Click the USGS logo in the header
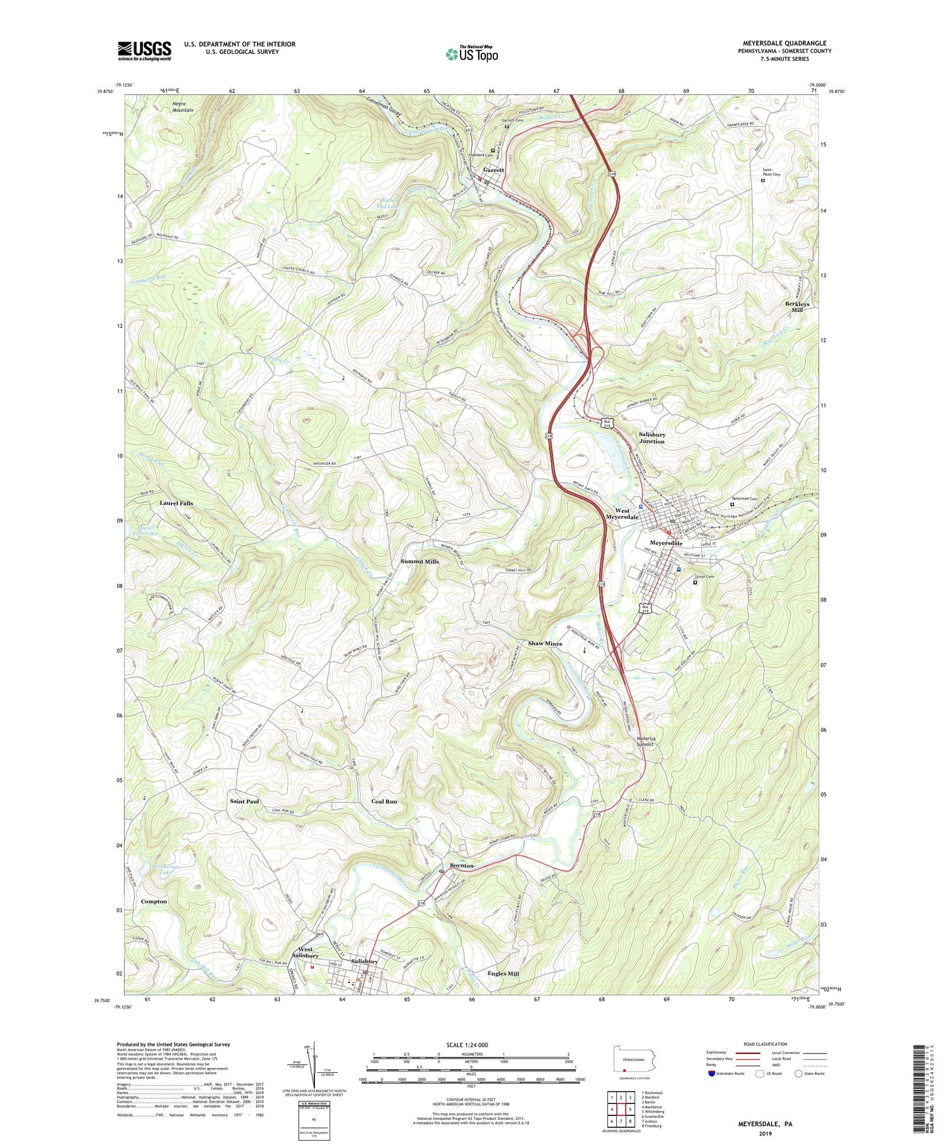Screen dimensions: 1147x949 click(x=144, y=51)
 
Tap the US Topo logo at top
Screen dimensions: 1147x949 click(x=472, y=54)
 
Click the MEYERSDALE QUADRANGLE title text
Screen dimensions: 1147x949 click(x=787, y=43)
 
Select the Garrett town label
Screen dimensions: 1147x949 click(x=493, y=170)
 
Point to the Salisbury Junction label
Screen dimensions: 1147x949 click(x=652, y=438)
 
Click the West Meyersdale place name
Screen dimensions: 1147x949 click(x=622, y=514)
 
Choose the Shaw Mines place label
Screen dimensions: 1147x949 click(x=545, y=643)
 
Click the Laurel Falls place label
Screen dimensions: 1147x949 click(x=177, y=503)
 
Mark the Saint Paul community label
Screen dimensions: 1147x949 click(x=244, y=802)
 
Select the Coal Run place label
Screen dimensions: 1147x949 click(x=384, y=802)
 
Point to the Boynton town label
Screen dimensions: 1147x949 click(x=462, y=865)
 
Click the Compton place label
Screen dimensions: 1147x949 click(x=154, y=902)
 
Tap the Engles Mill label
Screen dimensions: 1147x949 click(x=503, y=974)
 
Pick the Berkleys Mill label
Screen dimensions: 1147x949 click(x=797, y=307)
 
